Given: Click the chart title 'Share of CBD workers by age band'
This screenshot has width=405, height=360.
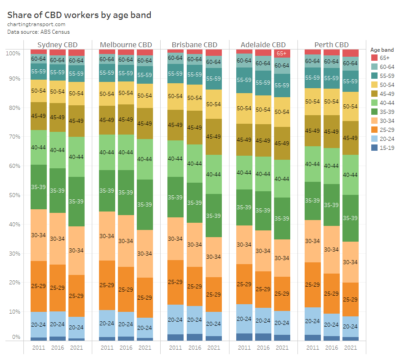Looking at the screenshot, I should pyautogui.click(x=79, y=15).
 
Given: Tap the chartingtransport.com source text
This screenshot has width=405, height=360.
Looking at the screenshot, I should pyautogui.click(x=36, y=24).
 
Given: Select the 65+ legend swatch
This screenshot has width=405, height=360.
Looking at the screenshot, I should pyautogui.click(x=374, y=58).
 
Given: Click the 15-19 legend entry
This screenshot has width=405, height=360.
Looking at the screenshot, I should pyautogui.click(x=382, y=148).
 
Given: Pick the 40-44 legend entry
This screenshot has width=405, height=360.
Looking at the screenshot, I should pyautogui.click(x=382, y=103).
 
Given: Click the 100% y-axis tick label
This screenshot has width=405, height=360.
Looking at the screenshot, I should pyautogui.click(x=13, y=53).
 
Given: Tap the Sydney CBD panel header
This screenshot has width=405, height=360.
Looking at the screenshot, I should pyautogui.click(x=57, y=45).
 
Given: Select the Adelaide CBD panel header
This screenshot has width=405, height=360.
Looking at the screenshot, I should pyautogui.click(x=263, y=45).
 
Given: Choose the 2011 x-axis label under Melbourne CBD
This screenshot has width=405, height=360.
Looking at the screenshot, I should pyautogui.click(x=107, y=347).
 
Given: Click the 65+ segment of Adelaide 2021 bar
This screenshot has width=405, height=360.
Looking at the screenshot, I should pyautogui.click(x=282, y=54).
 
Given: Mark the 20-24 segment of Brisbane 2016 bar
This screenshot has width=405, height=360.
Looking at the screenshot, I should pyautogui.click(x=194, y=320).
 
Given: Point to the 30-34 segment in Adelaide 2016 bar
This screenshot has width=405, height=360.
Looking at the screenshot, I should pyautogui.click(x=263, y=251).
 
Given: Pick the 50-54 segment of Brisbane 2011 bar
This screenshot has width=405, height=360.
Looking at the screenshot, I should pyautogui.click(x=175, y=96).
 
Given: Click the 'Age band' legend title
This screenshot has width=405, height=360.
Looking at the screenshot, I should pyautogui.click(x=382, y=49).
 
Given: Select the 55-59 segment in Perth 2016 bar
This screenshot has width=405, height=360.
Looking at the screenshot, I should pyautogui.click(x=331, y=78).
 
